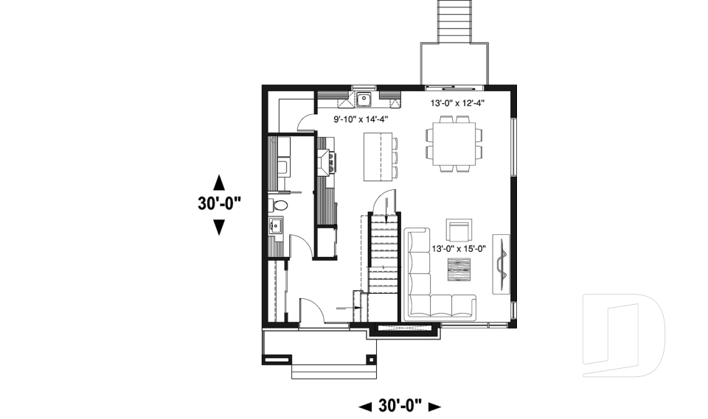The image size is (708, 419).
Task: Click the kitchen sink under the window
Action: coord(364,99)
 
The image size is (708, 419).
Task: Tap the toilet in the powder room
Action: coord(279,204)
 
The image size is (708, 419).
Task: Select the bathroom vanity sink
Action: coord(277,226)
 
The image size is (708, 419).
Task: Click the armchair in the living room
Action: coord(459,230)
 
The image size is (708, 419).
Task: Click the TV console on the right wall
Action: coord(502,264)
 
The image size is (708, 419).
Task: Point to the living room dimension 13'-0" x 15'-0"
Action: coord(459,248)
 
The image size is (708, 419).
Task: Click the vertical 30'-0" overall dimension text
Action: coord(219,204)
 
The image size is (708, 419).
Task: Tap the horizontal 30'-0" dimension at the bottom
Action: coord(399,405)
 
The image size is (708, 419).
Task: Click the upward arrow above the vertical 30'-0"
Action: coord(218,181)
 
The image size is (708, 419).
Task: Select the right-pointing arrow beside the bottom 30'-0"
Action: coord(434,406)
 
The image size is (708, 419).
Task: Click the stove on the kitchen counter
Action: coord(326,161)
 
